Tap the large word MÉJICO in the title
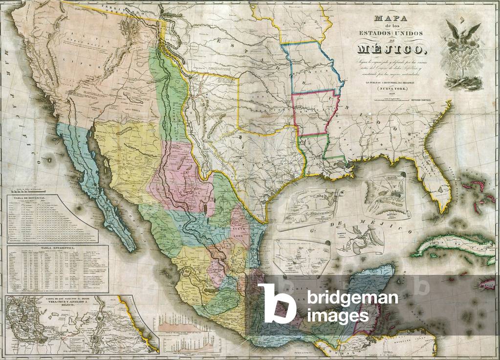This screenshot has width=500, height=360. (x=391, y=49)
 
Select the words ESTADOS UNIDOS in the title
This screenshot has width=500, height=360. (x=391, y=32)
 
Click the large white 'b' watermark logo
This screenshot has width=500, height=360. (x=277, y=303)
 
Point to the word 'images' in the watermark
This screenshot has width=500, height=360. (x=338, y=316)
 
